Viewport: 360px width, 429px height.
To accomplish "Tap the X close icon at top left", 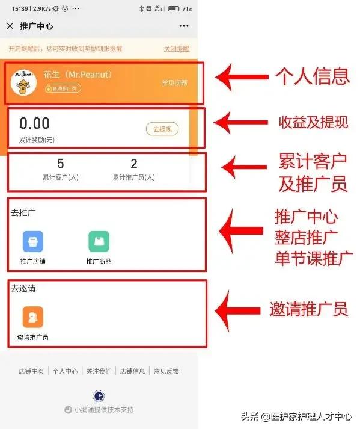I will click(x=10, y=26).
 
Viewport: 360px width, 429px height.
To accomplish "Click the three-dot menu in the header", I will click(x=184, y=26).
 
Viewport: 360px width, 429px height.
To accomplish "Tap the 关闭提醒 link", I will click(x=176, y=49).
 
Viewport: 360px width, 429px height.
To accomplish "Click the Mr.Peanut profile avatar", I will click(x=25, y=84).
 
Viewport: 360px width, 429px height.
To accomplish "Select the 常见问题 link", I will click(x=174, y=83).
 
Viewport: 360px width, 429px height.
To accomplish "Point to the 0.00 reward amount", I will click(x=35, y=124).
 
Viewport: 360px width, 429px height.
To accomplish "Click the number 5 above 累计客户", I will click(x=60, y=164).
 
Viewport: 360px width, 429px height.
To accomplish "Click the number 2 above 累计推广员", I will click(x=134, y=164).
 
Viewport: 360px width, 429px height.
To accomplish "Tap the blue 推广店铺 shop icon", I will click(x=32, y=241).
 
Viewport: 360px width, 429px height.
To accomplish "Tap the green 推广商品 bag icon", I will click(x=99, y=241).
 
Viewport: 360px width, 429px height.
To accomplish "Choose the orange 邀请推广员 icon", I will click(x=32, y=316).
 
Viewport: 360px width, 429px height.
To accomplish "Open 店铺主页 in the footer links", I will click(x=31, y=371).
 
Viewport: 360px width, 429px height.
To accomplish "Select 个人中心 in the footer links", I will click(x=65, y=371).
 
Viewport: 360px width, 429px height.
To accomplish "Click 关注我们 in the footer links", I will click(x=99, y=371).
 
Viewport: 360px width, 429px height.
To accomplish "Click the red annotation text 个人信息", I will click(x=312, y=76).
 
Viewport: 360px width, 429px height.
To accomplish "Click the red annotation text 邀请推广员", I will click(x=308, y=309).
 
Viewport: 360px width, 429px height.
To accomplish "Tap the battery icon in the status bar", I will click(x=174, y=9).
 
